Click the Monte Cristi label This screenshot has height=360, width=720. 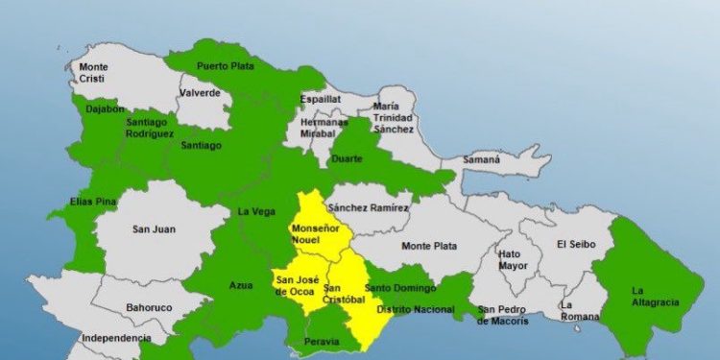tap(94, 72)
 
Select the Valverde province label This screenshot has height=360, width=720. tap(201, 93)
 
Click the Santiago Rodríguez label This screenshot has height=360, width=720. tap(150, 129)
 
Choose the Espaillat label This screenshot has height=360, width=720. tap(321, 97)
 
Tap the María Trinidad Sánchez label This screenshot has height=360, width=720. tap(393, 117)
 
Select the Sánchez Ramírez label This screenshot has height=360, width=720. tap(368, 208)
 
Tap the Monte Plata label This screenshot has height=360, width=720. tap(428, 246)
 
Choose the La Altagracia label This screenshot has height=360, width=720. tap(655, 296)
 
